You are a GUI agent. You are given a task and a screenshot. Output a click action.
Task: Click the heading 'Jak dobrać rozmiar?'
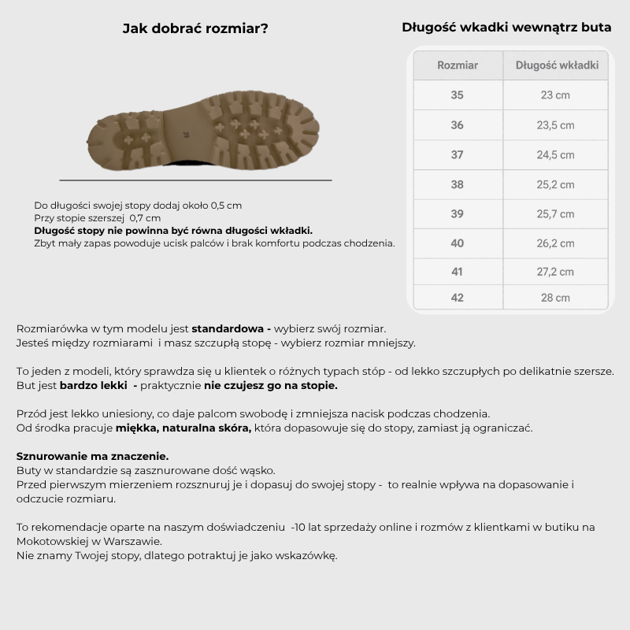coord(195,28)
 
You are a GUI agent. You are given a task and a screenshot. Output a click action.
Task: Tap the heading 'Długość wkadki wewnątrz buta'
coord(506,28)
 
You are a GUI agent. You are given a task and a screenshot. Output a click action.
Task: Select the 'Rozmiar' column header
coord(458,65)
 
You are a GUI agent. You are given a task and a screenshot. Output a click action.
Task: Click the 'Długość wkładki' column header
coord(557,65)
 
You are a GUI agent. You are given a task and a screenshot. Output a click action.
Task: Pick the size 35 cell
coord(458,95)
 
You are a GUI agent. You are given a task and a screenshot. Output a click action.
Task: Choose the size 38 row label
coord(458,184)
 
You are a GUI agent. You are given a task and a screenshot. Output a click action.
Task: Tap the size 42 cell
coord(458,298)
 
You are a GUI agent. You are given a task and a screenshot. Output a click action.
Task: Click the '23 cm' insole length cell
coord(555,95)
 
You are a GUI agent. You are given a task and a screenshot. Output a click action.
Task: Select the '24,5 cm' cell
coord(555,155)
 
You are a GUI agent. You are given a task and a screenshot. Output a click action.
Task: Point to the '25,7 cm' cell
coord(555,214)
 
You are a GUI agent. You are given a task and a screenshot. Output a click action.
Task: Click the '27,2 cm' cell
coord(555,272)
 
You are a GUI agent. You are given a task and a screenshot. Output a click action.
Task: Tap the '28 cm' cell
coord(555,298)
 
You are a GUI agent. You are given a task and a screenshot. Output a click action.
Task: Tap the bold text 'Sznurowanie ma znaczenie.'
coord(92,456)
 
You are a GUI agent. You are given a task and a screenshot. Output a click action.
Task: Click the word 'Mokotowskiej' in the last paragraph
coord(52,541)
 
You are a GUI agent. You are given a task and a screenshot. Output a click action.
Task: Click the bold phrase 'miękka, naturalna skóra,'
coord(183,428)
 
